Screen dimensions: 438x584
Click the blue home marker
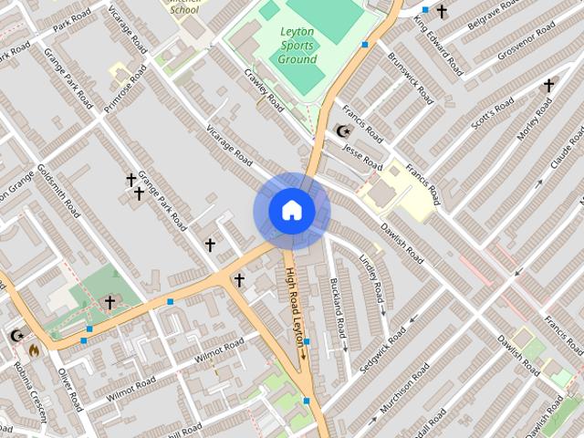click(x=291, y=211)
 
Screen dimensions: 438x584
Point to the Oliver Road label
click(x=71, y=388)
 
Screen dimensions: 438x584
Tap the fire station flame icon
click(x=34, y=349)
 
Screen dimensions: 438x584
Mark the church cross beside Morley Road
click(x=548, y=86)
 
